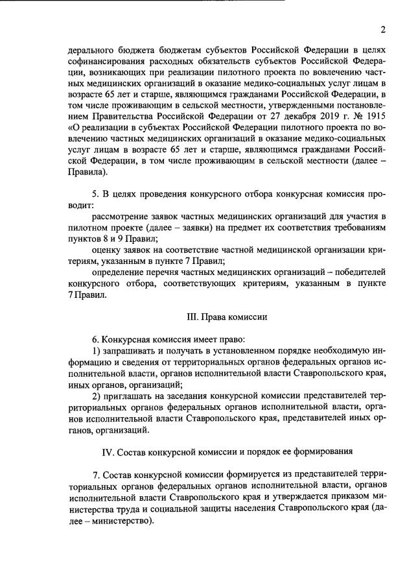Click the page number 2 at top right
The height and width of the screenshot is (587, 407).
pos(383,29)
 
